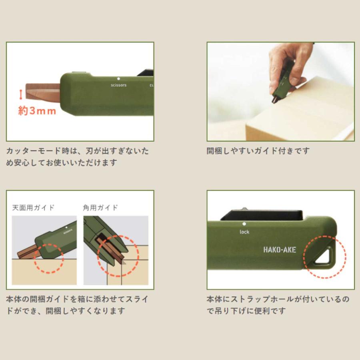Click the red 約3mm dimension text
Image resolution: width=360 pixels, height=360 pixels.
point(37,111)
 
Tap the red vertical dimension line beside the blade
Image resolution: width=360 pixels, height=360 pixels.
point(21,94)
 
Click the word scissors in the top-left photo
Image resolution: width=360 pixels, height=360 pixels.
point(118,85)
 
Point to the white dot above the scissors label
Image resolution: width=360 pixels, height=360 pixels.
point(118,79)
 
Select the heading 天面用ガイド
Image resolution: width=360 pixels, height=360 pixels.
point(33,208)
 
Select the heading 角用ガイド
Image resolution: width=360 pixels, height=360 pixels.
point(100,208)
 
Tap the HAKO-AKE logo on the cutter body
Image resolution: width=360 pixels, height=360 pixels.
point(280,250)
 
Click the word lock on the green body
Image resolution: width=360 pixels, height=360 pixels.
point(244,232)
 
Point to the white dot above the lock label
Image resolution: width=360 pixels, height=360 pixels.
point(244,224)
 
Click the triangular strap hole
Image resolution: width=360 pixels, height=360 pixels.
point(324,257)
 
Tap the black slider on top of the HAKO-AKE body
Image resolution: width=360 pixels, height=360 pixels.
point(262,215)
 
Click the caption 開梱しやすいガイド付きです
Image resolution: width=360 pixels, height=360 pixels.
point(258,151)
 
